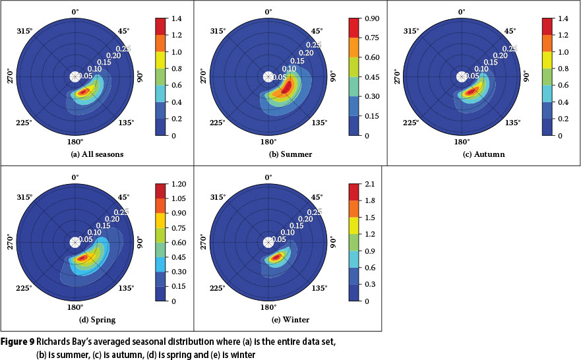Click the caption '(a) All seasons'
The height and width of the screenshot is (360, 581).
(97, 154)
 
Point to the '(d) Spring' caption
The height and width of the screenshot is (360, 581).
(97, 320)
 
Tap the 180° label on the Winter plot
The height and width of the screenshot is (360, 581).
(268, 307)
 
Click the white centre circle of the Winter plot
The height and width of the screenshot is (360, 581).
(268, 242)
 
